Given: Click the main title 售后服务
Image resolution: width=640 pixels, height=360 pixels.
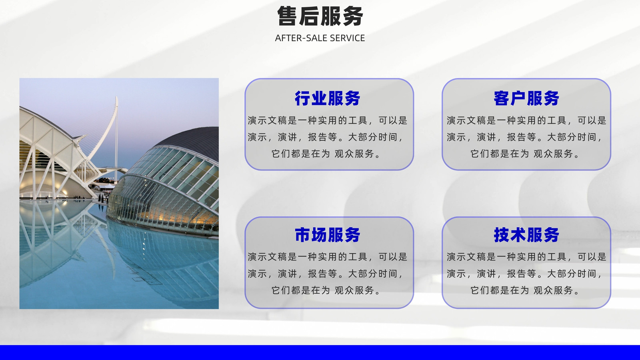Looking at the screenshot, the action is click(x=320, y=16).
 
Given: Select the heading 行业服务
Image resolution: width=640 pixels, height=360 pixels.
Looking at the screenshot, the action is click(x=328, y=98).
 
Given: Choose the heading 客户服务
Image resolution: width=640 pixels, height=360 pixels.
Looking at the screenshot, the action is click(x=526, y=98).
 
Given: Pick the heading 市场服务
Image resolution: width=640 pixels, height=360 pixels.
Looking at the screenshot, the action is click(x=328, y=235).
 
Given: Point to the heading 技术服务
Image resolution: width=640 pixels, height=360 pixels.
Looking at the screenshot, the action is click(x=526, y=235).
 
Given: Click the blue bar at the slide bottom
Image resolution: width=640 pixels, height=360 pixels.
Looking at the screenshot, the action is click(x=320, y=352).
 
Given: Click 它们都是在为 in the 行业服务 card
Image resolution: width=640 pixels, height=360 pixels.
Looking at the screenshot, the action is click(x=300, y=154).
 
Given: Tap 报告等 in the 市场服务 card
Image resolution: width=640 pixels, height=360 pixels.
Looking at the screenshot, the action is click(x=323, y=274).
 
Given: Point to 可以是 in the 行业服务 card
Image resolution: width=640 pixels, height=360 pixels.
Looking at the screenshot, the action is click(x=393, y=120).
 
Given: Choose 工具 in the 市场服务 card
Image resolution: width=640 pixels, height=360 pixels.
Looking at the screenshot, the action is click(x=358, y=257).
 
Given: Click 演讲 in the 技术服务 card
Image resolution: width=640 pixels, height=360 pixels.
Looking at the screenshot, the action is click(x=486, y=274).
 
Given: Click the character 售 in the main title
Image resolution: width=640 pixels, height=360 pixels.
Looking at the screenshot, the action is click(x=287, y=16).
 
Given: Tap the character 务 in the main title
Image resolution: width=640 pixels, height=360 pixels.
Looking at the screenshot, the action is click(x=353, y=16).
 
